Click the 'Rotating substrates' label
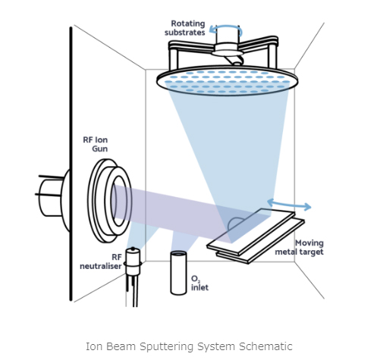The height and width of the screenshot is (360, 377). (x=185, y=28)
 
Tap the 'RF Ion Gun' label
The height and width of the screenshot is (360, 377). (x=96, y=144)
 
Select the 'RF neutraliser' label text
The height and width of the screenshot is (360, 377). (x=101, y=261)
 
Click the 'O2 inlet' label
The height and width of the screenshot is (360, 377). (x=199, y=283)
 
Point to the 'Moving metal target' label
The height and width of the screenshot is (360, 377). (x=300, y=247)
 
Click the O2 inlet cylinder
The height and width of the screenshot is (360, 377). (x=178, y=273)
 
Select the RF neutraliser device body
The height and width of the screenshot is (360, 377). (x=134, y=261)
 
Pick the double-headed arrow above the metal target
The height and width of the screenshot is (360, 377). (x=289, y=205)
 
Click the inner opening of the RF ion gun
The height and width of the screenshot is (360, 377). (x=119, y=201)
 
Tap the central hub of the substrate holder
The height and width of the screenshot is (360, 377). (x=227, y=49)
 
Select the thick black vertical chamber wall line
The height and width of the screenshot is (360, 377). (x=71, y=164)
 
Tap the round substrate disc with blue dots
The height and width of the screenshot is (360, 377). (x=227, y=80)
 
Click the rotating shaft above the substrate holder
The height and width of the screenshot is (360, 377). (x=228, y=35)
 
